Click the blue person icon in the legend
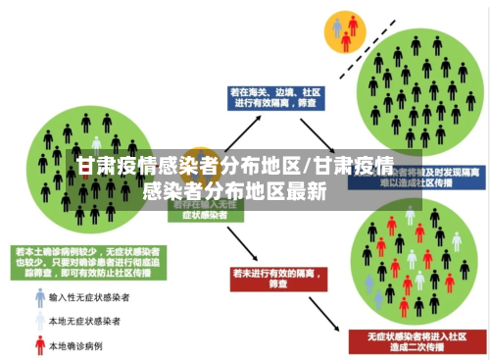pos(40,297)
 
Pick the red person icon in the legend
pos(40,344)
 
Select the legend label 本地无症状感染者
pos(90,321)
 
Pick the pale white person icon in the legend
pos(40,321)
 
